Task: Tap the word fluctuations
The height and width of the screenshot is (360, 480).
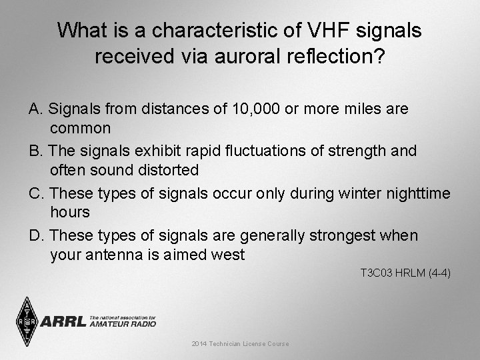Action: (279, 151)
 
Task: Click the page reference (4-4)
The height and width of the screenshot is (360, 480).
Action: (437, 273)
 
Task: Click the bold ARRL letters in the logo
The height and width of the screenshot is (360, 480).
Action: (63, 322)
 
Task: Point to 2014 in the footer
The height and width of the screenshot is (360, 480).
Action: (199, 344)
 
